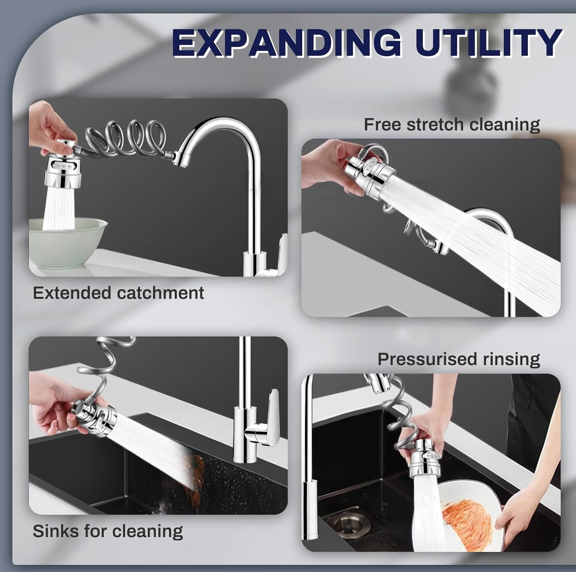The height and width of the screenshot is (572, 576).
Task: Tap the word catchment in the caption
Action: click(161, 293)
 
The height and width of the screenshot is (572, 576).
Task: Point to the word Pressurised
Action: click(427, 359)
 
